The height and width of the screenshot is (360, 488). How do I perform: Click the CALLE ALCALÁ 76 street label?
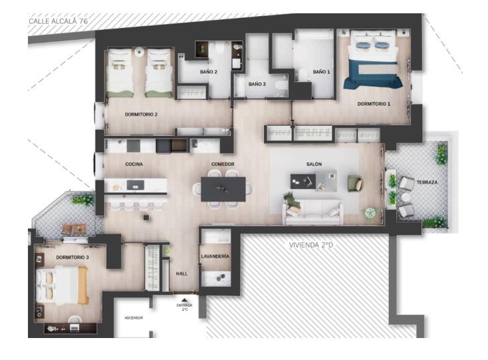pyautogui.click(x=59, y=21)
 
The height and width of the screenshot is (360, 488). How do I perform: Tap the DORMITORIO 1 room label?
pyautogui.click(x=374, y=104)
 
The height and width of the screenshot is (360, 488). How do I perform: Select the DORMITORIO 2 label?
pyautogui.click(x=141, y=114)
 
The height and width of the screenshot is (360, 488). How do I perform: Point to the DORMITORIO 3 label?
pyautogui.click(x=72, y=258)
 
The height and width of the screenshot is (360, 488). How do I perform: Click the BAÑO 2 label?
pyautogui.click(x=209, y=72)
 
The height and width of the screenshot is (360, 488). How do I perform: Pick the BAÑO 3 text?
pyautogui.click(x=257, y=84)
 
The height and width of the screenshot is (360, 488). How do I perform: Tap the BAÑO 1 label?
pyautogui.click(x=321, y=72)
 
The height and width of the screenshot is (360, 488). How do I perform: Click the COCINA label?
pyautogui.click(x=134, y=164)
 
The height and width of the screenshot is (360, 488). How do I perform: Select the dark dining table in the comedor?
pyautogui.click(x=223, y=189)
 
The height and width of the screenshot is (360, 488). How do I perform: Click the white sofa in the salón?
pyautogui.click(x=312, y=212)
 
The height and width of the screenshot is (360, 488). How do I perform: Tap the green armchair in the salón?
pyautogui.click(x=355, y=184)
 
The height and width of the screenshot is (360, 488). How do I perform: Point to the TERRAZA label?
pyautogui.click(x=427, y=182)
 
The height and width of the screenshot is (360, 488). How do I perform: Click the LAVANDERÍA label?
pyautogui.click(x=215, y=256)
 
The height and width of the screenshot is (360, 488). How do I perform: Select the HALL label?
pyautogui.click(x=182, y=273)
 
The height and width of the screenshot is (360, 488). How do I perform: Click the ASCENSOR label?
pyautogui.click(x=134, y=318)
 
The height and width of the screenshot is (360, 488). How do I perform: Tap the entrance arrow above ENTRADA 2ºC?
pyautogui.click(x=184, y=301)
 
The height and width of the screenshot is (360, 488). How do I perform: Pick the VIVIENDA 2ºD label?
pyautogui.click(x=311, y=245)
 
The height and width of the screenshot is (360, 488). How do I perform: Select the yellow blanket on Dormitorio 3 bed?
pyautogui.click(x=83, y=285)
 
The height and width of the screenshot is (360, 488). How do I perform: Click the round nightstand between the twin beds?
pyautogui.click(x=139, y=51)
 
